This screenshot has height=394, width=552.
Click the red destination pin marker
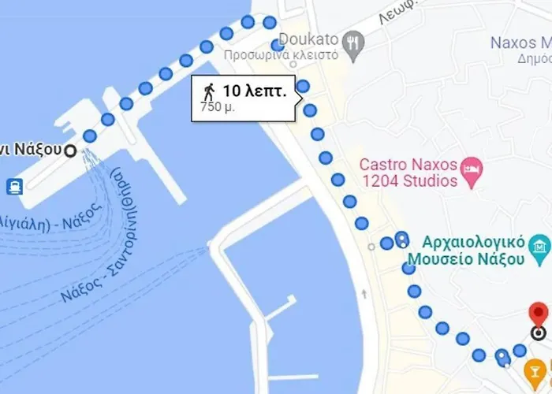[x=539, y=314]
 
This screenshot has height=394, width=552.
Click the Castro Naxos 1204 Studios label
[x=408, y=173]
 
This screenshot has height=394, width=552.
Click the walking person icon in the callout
[x=209, y=89]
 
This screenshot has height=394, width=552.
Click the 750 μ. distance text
[x=217, y=106]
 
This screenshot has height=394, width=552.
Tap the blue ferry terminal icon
[x=14, y=187]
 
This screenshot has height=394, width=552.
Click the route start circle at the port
[x=70, y=151]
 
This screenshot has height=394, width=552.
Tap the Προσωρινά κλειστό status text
[x=281, y=56]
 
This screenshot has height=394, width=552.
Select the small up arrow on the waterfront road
[x=364, y=295]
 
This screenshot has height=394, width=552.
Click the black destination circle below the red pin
[x=539, y=333]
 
